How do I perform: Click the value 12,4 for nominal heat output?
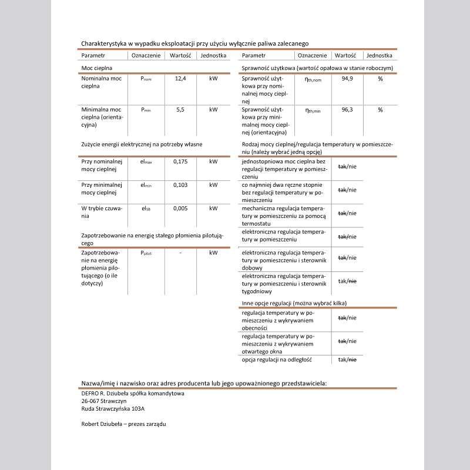pyautogui.click(x=180, y=78)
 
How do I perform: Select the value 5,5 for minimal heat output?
pyautogui.click(x=180, y=109)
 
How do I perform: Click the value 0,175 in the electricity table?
pyautogui.click(x=180, y=162)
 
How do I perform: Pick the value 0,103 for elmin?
pyautogui.click(x=180, y=185)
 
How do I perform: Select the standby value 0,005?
pyautogui.click(x=180, y=208)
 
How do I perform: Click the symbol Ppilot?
pyautogui.click(x=146, y=253)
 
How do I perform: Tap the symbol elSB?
pyautogui.click(x=146, y=208)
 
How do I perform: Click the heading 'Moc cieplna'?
pyautogui.click(x=96, y=68)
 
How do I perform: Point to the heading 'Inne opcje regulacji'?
pyautogui.click(x=294, y=303)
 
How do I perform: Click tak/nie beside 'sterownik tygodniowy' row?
pyautogui.click(x=347, y=281)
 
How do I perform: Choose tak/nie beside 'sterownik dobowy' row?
pyautogui.click(x=347, y=258)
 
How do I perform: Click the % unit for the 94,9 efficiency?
pyautogui.click(x=380, y=78)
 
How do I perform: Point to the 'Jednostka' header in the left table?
pyautogui.click(x=213, y=55)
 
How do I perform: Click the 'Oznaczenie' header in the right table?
pyautogui.click(x=313, y=55)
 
